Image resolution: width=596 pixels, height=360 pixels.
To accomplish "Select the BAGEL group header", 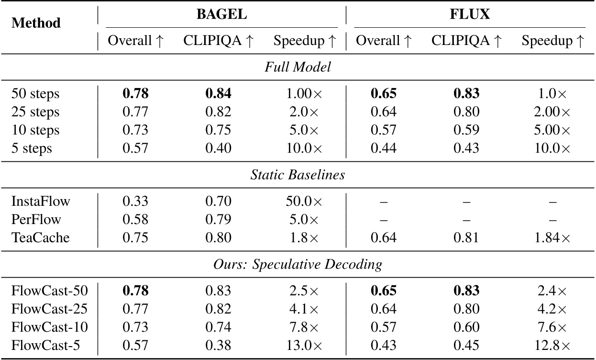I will [x=221, y=14].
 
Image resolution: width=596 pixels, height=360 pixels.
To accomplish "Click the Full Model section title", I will [x=298, y=67].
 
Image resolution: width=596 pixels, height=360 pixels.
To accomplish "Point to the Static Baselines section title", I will [x=298, y=175].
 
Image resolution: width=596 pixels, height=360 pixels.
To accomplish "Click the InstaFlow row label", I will [x=41, y=201].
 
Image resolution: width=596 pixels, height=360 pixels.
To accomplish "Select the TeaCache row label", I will [x=41, y=237].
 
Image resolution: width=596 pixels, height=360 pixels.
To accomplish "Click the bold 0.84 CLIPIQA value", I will [x=218, y=94].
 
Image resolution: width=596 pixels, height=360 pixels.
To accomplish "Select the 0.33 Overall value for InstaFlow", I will [x=136, y=201].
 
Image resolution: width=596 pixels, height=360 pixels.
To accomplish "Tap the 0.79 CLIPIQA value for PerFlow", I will [x=218, y=219].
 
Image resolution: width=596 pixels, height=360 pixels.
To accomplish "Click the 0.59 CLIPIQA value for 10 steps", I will [x=467, y=130].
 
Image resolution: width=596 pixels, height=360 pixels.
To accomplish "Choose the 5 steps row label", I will [x=32, y=148].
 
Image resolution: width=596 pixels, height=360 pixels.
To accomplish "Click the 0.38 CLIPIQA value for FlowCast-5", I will [x=218, y=346].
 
